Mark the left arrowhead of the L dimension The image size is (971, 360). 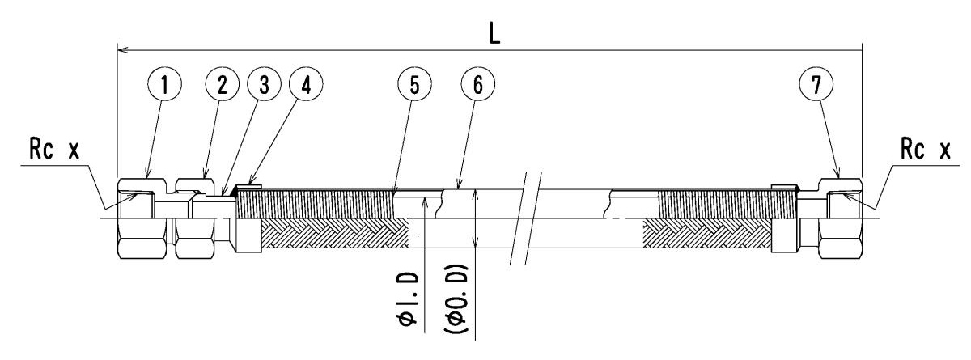(123, 51)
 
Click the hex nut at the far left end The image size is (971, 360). (143, 218)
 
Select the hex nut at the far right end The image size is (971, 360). (842, 218)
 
